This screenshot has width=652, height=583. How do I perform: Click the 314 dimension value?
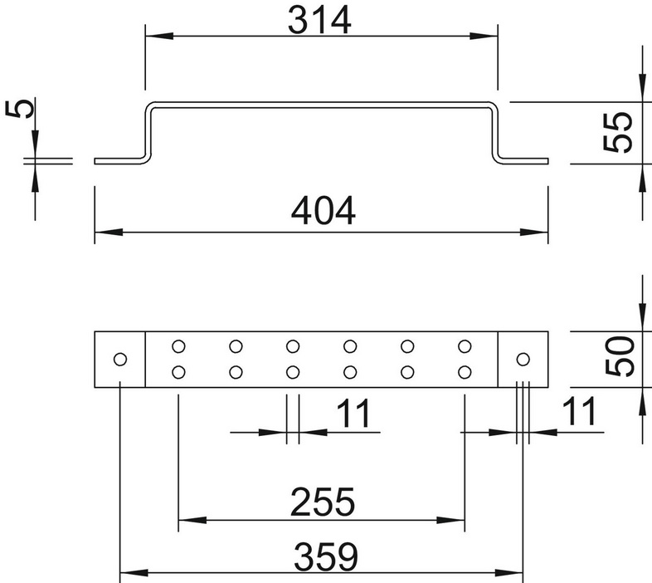(x=319, y=21)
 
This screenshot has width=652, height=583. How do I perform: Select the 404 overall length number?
(x=323, y=211)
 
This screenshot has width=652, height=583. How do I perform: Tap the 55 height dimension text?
(x=618, y=132)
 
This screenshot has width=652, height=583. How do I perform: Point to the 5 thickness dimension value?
(x=20, y=108)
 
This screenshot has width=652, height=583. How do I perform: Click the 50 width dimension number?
(x=620, y=356)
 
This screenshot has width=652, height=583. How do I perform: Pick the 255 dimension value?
(x=323, y=502)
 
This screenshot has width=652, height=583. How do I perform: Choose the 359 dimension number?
(x=325, y=556)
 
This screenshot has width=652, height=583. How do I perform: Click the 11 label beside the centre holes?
(x=353, y=414)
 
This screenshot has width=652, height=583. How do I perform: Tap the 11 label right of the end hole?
(x=579, y=411)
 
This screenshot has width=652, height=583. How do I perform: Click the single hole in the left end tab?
(x=120, y=359)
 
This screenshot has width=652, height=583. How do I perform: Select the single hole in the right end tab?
(x=523, y=359)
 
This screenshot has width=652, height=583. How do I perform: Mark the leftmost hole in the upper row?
(x=178, y=346)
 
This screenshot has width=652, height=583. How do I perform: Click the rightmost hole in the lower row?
(x=465, y=372)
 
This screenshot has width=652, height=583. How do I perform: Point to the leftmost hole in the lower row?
(x=178, y=372)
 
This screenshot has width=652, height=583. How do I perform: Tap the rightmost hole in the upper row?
(x=465, y=346)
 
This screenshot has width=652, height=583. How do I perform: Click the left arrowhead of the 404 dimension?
(x=109, y=232)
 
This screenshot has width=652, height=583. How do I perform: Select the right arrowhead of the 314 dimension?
(x=484, y=37)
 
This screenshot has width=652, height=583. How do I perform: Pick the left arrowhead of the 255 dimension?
(x=192, y=520)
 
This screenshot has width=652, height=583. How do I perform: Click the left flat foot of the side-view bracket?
(x=119, y=161)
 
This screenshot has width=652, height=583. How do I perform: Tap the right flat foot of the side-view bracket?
(x=524, y=161)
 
